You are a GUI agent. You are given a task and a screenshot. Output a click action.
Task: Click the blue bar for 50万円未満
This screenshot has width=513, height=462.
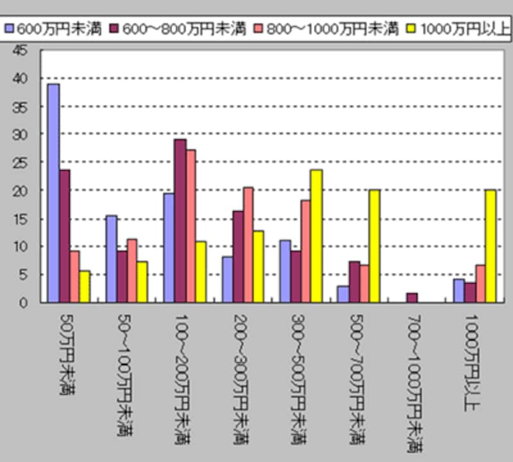(53, 193)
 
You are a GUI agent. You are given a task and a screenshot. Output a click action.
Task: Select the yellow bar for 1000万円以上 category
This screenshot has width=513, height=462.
(491, 246)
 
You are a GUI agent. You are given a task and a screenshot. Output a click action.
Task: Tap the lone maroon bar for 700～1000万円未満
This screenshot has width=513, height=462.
(412, 298)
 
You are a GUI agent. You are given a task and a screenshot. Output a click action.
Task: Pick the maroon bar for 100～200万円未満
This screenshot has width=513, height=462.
(180, 221)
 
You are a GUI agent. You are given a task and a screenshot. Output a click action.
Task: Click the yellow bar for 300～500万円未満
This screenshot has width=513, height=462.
(315, 235)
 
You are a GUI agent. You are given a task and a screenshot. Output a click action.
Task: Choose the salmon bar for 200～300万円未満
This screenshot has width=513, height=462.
(248, 244)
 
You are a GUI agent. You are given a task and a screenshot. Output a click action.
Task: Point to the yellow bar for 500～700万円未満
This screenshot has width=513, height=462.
(375, 246)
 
